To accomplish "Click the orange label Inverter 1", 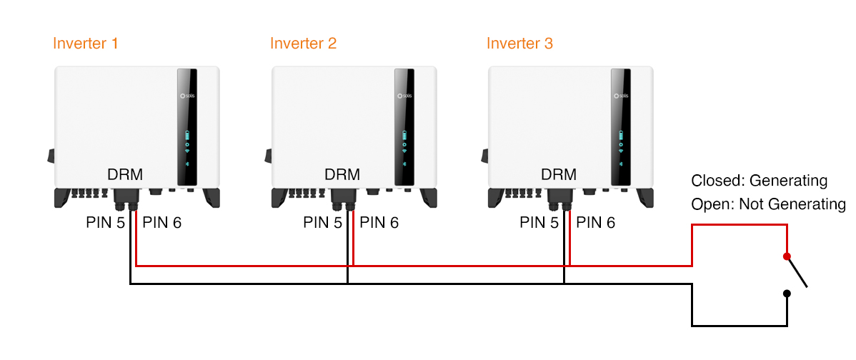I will click(85, 44).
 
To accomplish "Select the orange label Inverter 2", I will click(303, 44).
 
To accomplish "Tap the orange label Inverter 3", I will click(519, 44).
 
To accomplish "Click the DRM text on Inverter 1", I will click(125, 174).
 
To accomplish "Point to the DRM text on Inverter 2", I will click(342, 174).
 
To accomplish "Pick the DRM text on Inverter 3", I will click(559, 174).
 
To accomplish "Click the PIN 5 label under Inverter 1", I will click(105, 223).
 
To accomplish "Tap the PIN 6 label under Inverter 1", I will click(162, 223).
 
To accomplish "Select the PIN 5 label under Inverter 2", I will click(322, 223).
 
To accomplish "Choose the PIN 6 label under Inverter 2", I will click(379, 223).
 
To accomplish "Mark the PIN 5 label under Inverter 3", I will click(539, 223).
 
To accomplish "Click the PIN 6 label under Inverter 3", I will click(596, 223).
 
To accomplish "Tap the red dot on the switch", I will click(787, 256).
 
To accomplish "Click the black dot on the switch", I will click(787, 293).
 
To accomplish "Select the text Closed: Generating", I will click(759, 181).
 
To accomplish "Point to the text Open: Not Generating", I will click(768, 204).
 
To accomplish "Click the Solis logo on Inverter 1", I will click(187, 95).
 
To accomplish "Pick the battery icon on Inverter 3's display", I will click(620, 135).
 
